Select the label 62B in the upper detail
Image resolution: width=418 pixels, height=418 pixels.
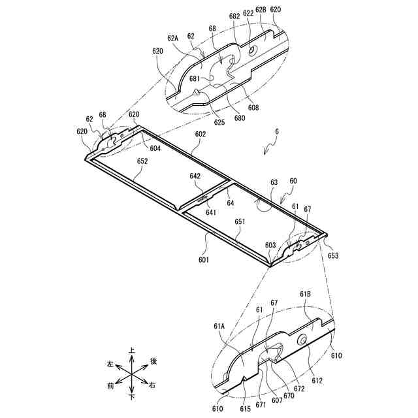pos(261,10)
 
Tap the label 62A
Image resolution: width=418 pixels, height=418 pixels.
pos(173,38)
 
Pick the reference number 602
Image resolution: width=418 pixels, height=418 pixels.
pos(201,134)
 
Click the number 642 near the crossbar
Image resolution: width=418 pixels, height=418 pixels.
pos(195,176)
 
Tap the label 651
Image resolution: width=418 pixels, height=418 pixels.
pos(240,221)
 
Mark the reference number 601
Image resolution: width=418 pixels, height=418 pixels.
pos(204,260)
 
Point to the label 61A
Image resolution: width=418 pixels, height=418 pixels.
pos(219,325)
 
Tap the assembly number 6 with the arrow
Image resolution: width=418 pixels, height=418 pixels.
pos(277,131)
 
